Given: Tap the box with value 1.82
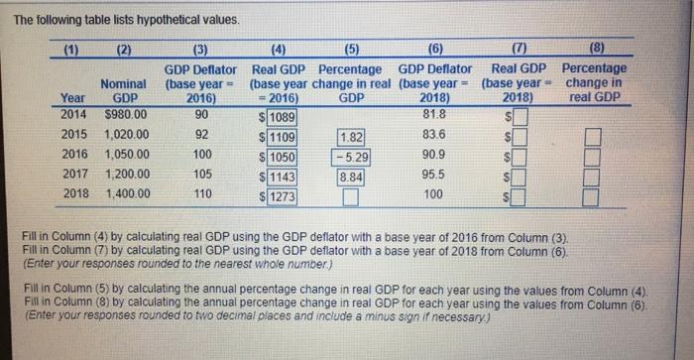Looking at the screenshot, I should pos(352,138).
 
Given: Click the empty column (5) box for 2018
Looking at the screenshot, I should pos(349,196).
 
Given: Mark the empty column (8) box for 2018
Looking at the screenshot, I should pos(592,196).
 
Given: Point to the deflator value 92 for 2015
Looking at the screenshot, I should pos(202,134).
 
